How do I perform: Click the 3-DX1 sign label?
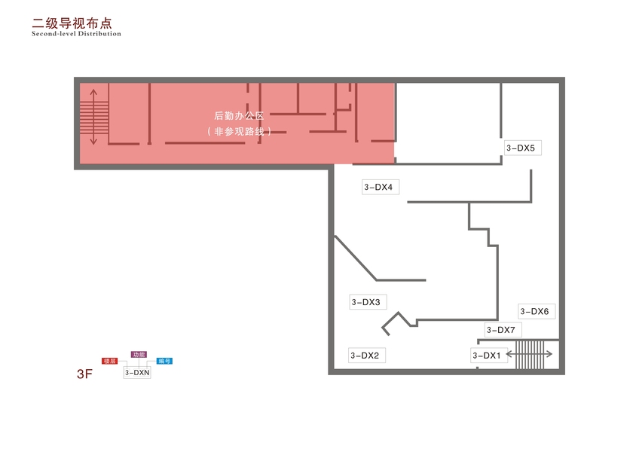tap(486, 356)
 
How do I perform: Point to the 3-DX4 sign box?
tap(378, 187)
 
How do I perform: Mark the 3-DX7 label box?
tap(500, 330)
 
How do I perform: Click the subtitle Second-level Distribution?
tap(76, 34)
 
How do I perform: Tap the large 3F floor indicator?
tap(84, 374)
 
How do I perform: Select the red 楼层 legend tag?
tap(110, 362)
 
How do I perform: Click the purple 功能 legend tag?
tap(139, 354)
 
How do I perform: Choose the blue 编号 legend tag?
tap(164, 362)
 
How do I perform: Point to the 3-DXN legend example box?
tap(137, 372)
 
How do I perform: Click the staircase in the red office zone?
tap(94, 117)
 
